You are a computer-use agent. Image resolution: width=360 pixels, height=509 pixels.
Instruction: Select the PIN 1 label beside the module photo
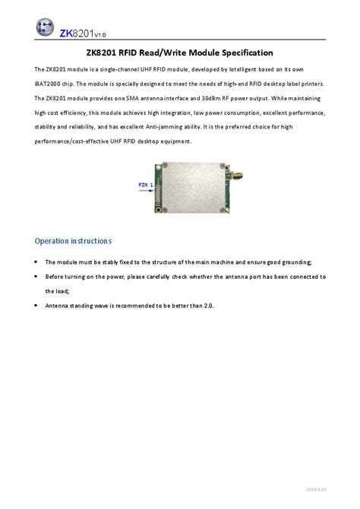pos(146,185)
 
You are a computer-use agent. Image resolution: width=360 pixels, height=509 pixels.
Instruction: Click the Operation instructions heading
pos(73,241)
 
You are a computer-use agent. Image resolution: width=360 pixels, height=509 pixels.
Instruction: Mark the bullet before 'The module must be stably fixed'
pos(37,262)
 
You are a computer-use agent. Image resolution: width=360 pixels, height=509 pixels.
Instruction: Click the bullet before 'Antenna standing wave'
pos(37,305)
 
